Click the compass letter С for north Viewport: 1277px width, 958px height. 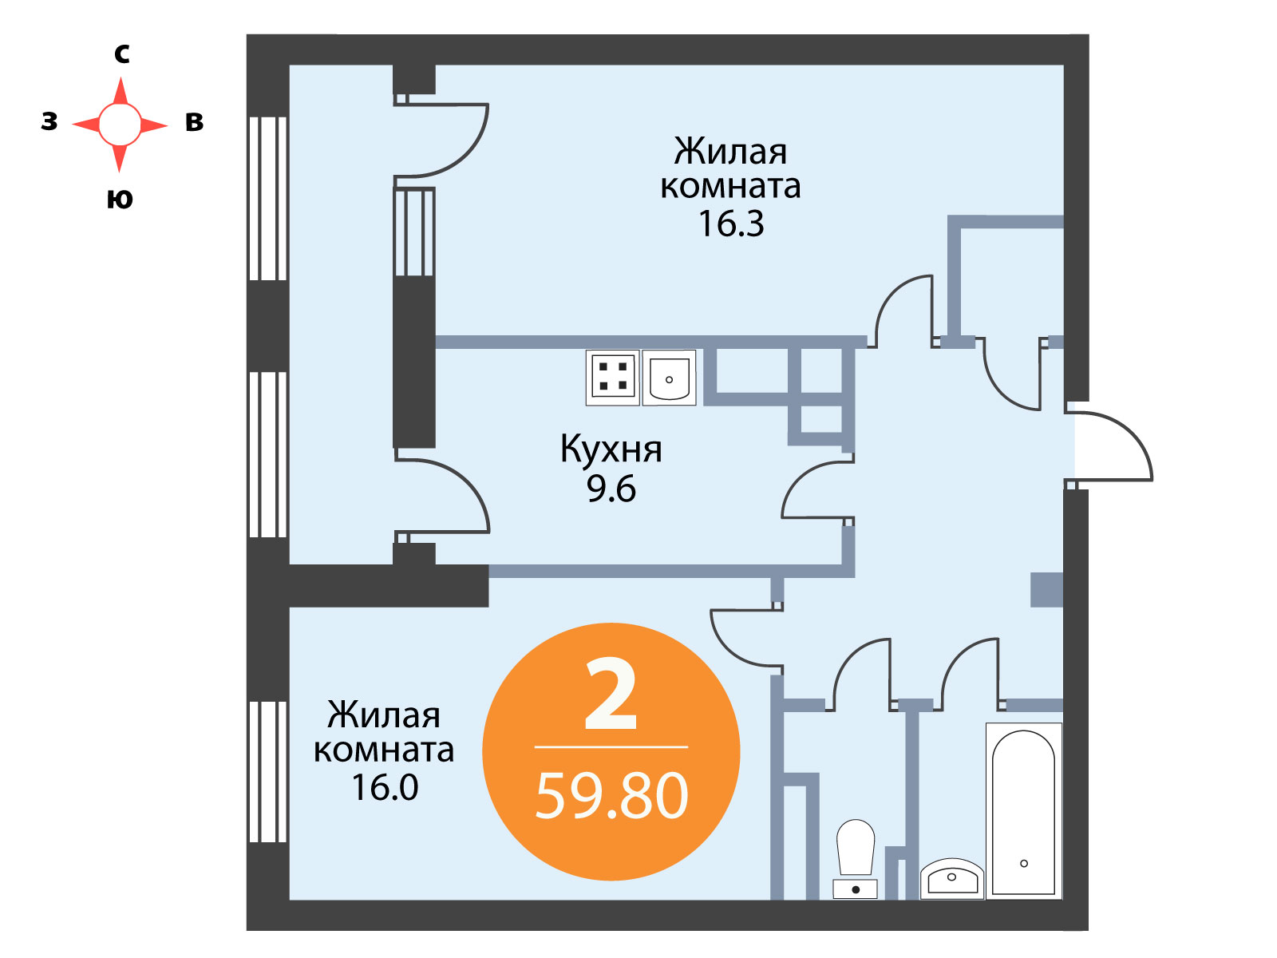[121, 54]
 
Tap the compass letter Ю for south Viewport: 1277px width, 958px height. [120, 199]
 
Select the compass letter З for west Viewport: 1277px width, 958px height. [49, 121]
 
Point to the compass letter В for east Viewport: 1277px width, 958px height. [194, 121]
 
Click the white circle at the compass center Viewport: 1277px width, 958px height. [120, 125]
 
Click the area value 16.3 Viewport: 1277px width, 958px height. [731, 224]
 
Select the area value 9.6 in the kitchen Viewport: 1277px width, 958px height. [611, 489]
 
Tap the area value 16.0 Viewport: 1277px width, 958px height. [385, 787]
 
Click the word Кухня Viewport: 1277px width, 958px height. [611, 449]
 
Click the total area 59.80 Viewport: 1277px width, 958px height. [611, 795]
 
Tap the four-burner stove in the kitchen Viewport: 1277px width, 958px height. [613, 377]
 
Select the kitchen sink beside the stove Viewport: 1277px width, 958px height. [669, 377]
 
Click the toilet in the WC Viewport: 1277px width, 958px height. [856, 858]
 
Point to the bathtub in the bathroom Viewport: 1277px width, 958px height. [1023, 811]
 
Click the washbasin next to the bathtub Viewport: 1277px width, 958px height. [952, 878]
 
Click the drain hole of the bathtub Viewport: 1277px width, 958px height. [1024, 863]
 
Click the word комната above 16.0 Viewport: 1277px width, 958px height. [384, 750]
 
